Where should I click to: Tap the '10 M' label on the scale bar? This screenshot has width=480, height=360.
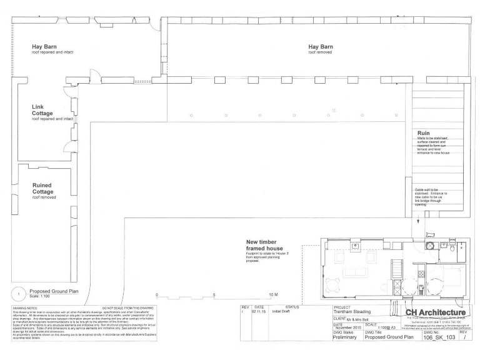[274, 294]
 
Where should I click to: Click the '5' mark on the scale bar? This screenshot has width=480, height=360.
[214, 294]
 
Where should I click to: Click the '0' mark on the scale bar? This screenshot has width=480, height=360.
[156, 294]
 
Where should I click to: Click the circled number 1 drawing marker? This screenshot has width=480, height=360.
[19, 292]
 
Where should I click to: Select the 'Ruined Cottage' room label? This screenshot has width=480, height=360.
[44, 188]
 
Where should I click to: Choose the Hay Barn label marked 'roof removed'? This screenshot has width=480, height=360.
[323, 46]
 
